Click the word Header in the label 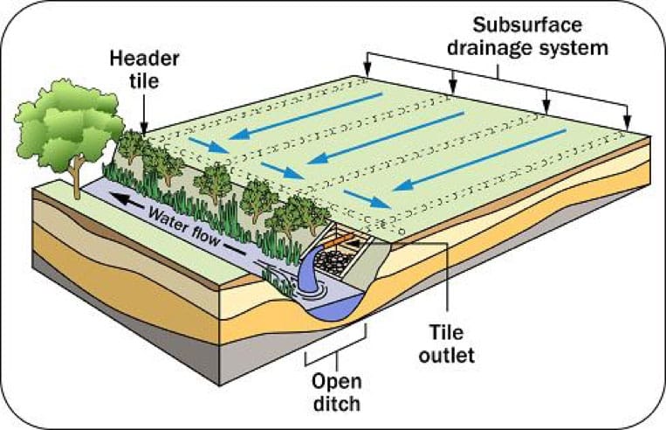144,59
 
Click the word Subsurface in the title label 527,24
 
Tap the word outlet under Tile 446,355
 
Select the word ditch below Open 337,403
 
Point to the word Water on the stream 167,218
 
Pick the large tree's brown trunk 76,177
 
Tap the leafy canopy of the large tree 68,123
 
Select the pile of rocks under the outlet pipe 334,260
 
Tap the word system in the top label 573,48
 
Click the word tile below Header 144,80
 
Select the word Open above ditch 337,382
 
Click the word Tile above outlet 446,332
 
